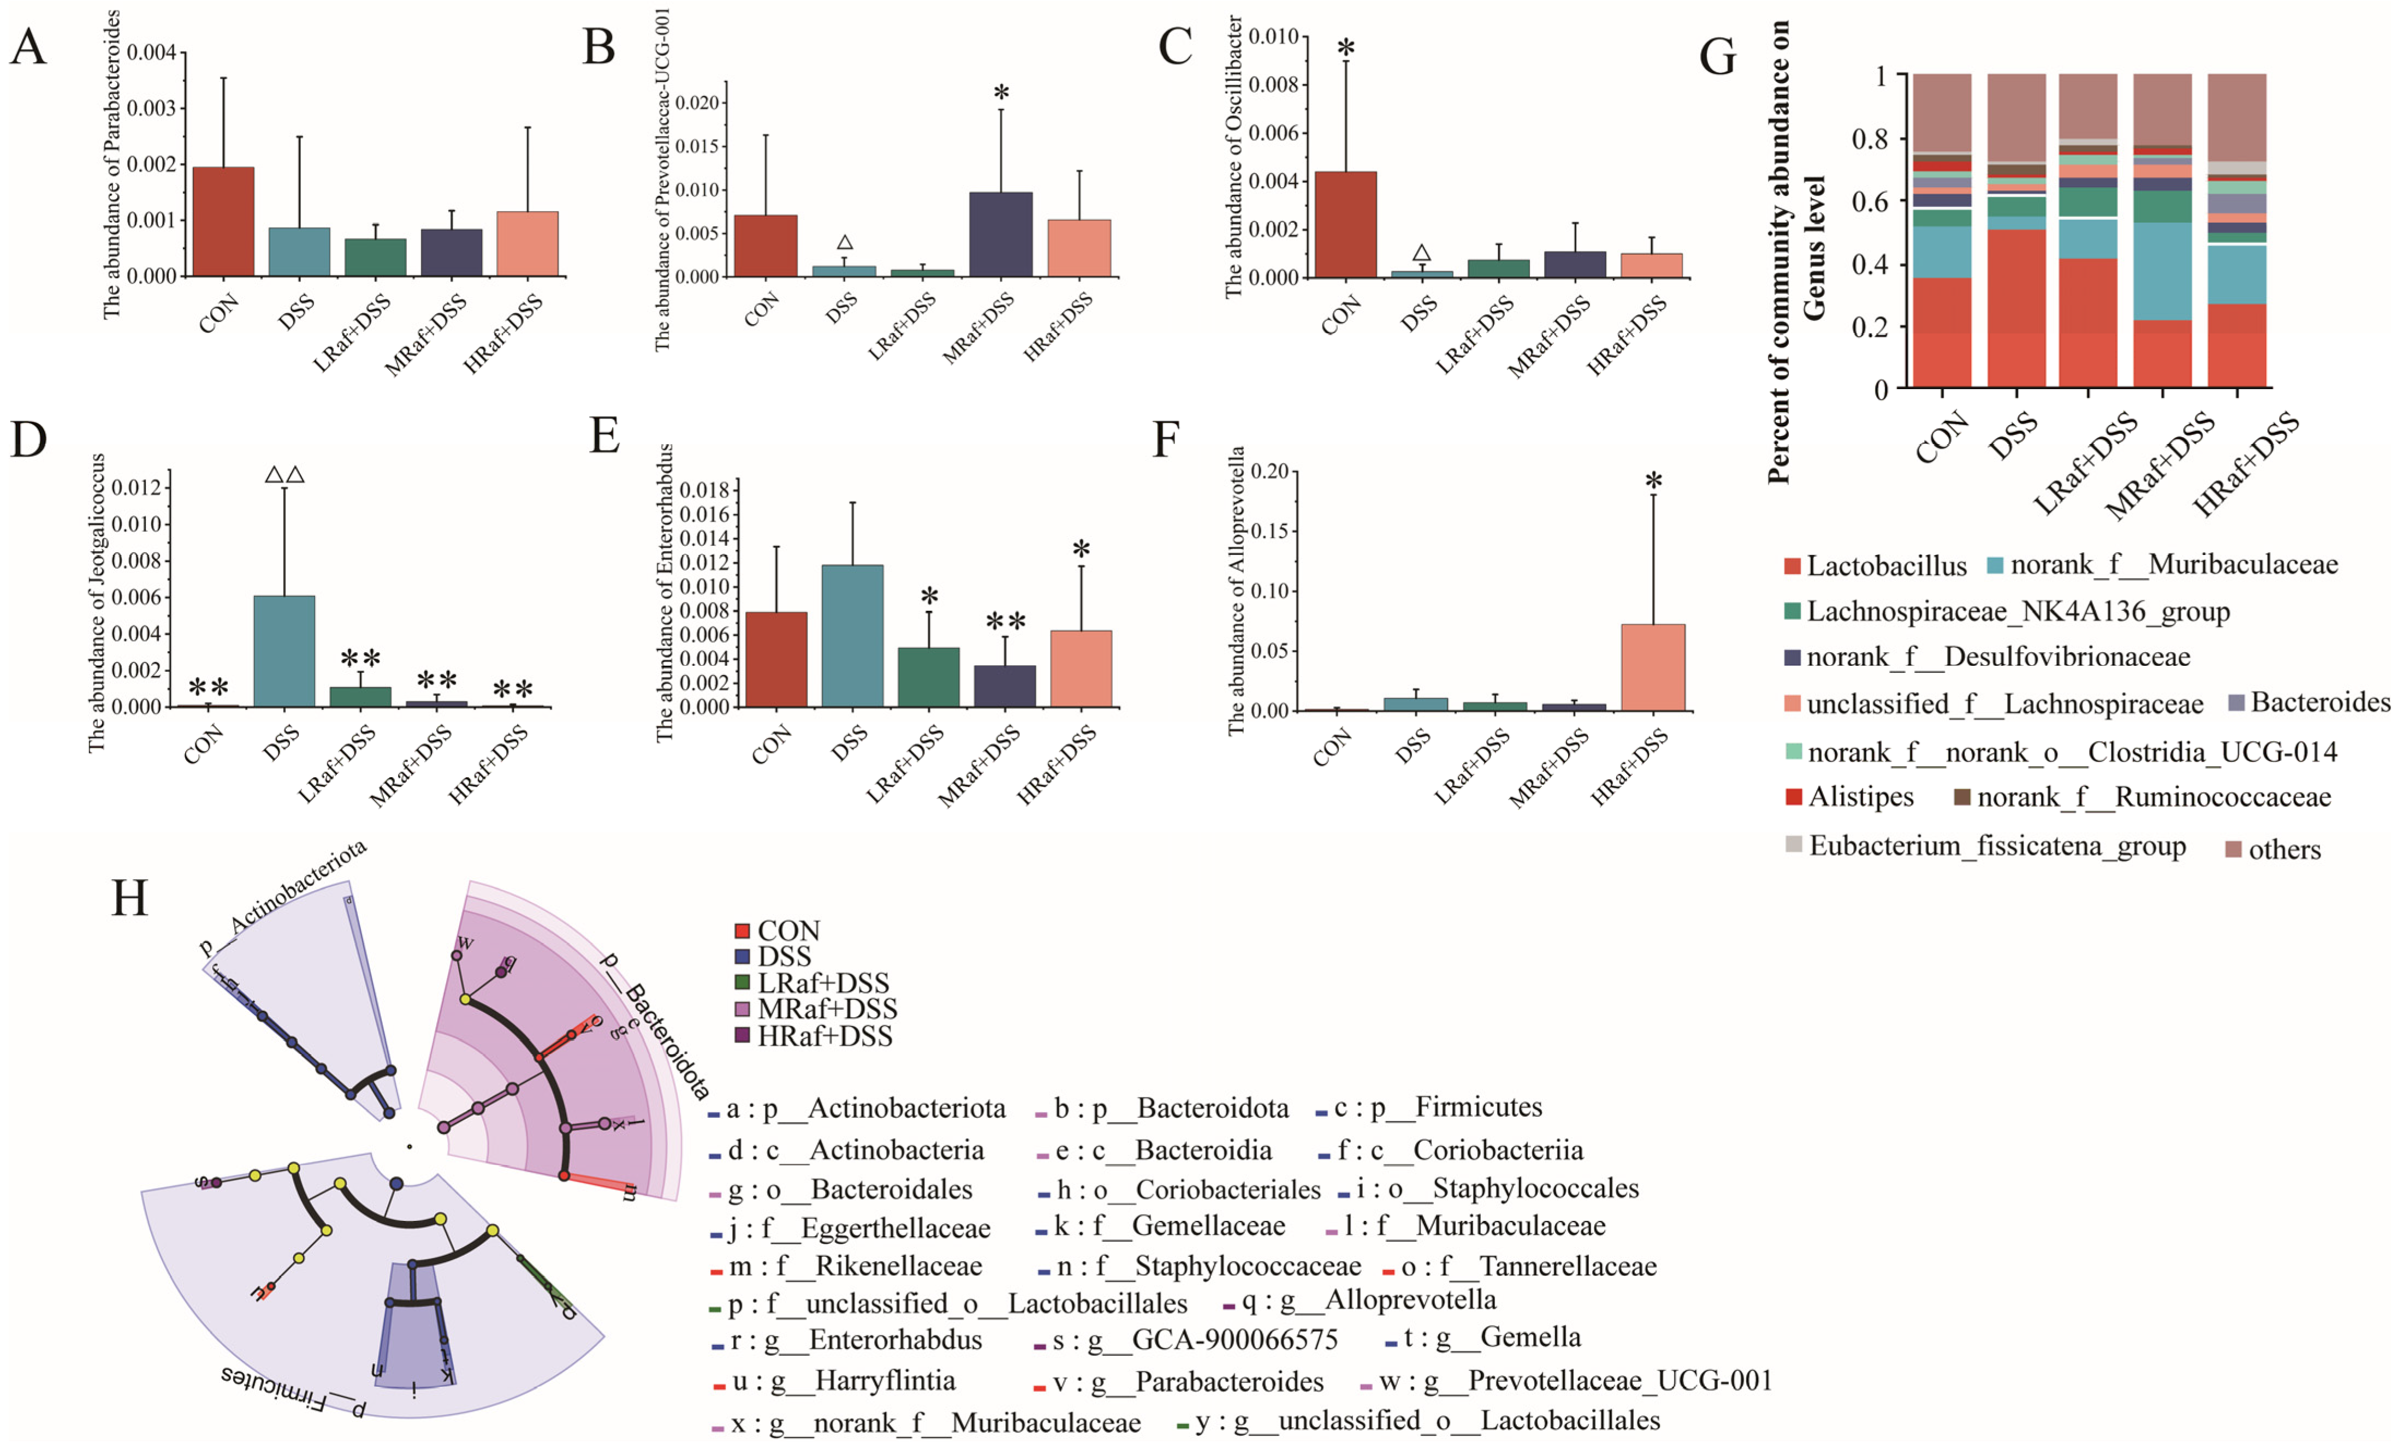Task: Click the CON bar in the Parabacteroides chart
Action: coord(223,222)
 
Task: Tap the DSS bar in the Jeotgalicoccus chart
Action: coord(284,651)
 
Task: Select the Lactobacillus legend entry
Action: coord(1886,565)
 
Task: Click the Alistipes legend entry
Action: coord(1860,797)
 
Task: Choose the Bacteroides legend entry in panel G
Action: coord(2319,702)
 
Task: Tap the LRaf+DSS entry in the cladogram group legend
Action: coord(822,983)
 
